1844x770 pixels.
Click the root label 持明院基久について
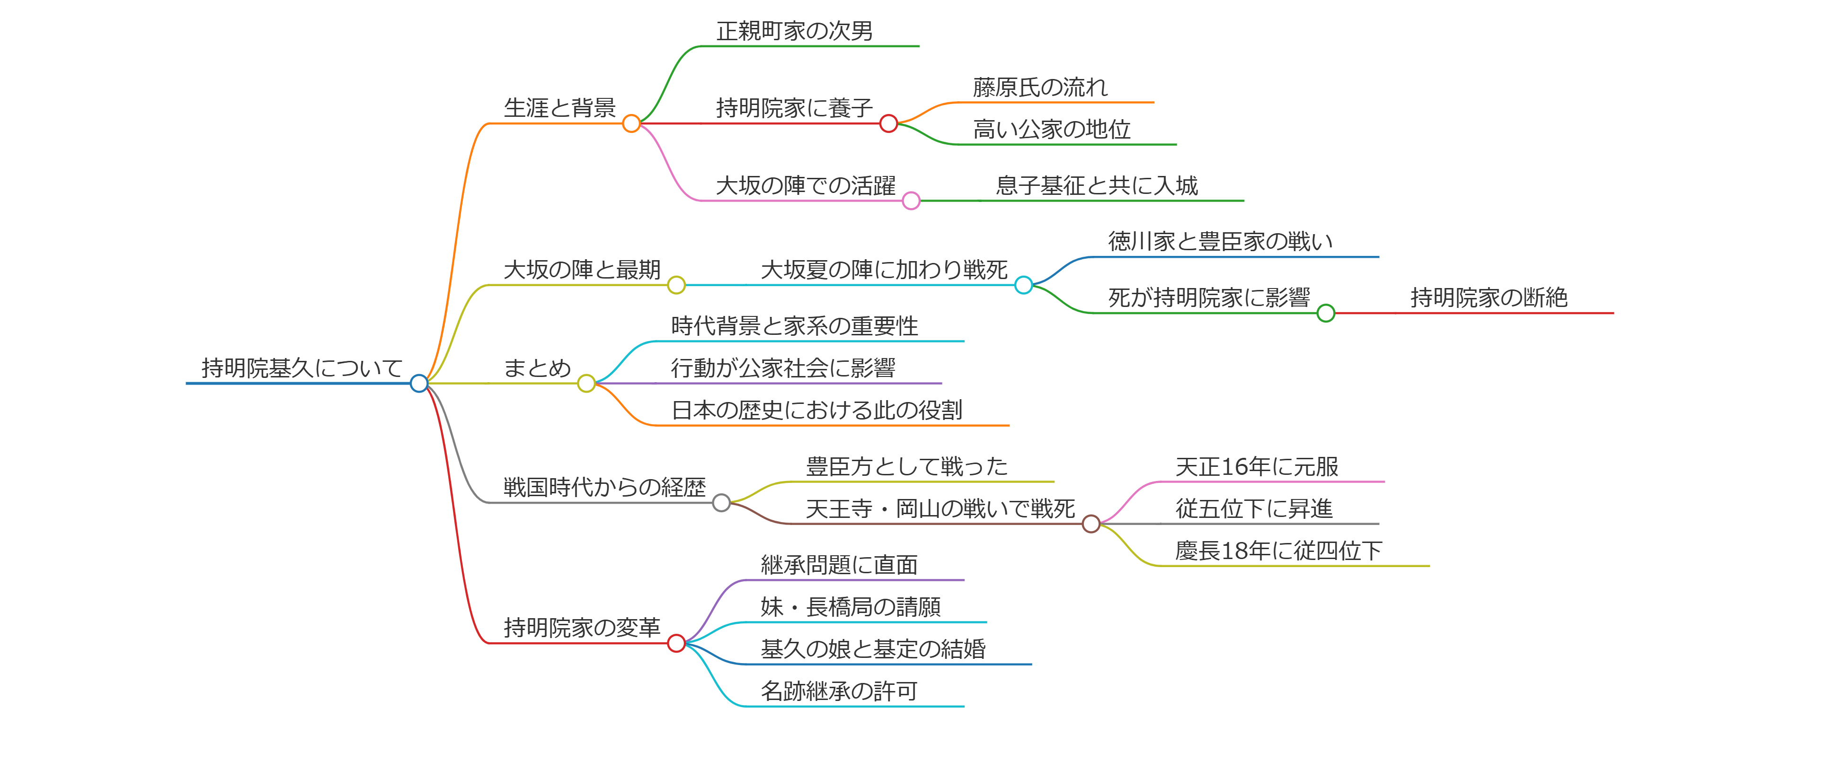click(x=301, y=368)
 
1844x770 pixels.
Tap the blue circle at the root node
click(x=419, y=384)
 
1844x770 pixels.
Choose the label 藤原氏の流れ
click(x=1039, y=87)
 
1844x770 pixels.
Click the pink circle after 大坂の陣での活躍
click(x=911, y=201)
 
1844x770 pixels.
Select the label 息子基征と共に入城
click(x=1096, y=185)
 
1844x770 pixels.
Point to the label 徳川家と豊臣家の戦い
click(x=1220, y=242)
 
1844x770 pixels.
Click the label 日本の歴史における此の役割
click(x=816, y=410)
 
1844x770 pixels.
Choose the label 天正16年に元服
click(x=1256, y=466)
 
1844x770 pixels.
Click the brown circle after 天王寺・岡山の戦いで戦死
click(x=1091, y=524)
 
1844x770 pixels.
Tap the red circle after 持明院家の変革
click(x=676, y=643)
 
